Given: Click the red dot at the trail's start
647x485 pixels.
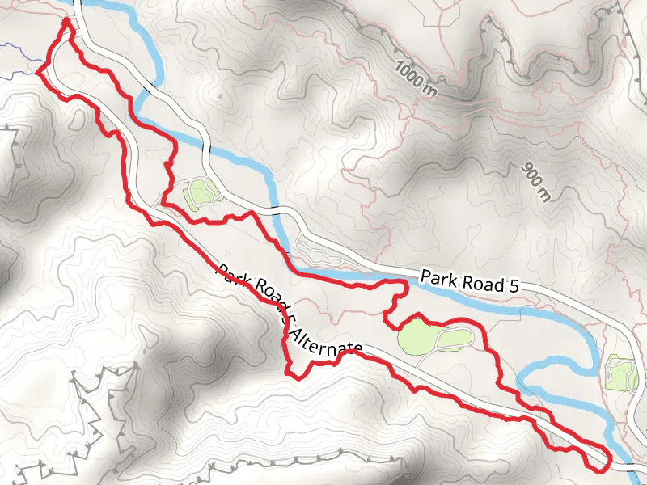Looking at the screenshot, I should coord(66,22).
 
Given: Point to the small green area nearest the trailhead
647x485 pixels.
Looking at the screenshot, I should coord(199,194).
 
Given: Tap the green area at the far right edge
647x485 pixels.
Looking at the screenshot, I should coord(622,374).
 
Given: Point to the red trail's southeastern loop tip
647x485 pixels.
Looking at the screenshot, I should coord(603,466).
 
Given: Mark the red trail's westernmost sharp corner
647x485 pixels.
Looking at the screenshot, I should coord(36,72).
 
